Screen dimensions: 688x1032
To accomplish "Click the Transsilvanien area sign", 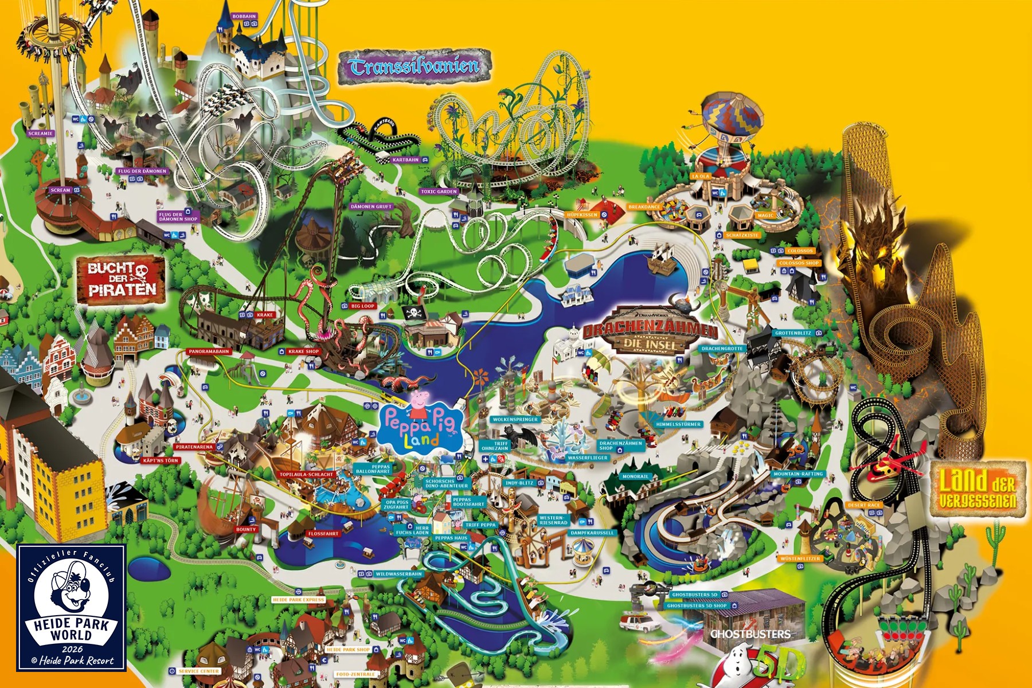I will tap(414, 67).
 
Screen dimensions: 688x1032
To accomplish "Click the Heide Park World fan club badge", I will tap(72, 607).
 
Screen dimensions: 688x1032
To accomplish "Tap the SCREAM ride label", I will tap(60, 190).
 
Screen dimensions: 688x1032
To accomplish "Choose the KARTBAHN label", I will tap(406, 160).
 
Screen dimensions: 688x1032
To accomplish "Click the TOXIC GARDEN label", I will tap(439, 191).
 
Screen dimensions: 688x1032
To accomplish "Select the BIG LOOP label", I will tap(363, 306).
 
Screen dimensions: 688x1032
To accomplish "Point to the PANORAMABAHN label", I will tap(209, 351).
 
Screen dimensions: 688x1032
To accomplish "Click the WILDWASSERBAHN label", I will tap(398, 574).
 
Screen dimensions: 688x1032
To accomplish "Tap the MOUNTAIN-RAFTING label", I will tap(798, 474).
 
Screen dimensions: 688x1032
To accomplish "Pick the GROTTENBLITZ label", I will tap(793, 333).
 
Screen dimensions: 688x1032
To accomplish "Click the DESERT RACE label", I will tap(863, 505).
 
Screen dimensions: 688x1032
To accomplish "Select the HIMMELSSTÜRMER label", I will tap(679, 424).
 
